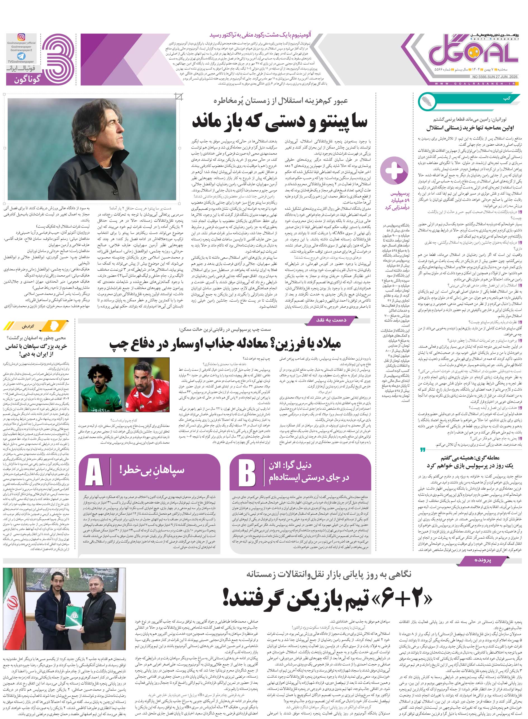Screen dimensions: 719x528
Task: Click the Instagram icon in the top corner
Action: pos(22,37)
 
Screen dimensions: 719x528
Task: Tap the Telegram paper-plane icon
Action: pos(22,56)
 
